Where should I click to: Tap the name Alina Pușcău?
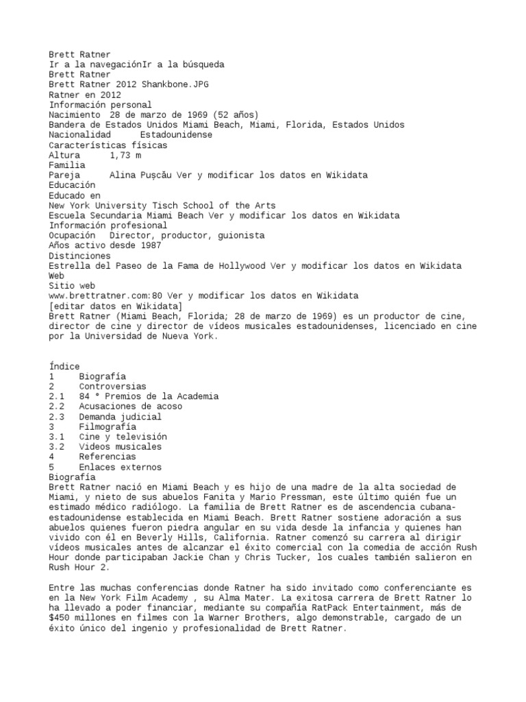(x=141, y=175)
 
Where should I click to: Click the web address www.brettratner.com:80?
(x=112, y=295)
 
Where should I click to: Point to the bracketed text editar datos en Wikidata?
(x=116, y=306)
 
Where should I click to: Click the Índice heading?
(x=64, y=366)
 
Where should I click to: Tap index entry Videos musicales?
(x=120, y=446)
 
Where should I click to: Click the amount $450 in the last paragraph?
(x=61, y=618)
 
